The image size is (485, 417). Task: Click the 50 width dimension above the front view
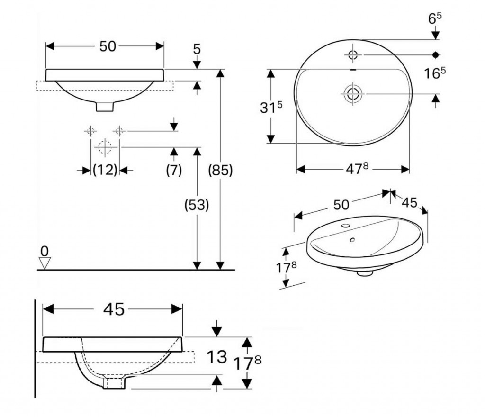click(x=108, y=46)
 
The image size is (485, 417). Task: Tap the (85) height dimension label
click(x=220, y=170)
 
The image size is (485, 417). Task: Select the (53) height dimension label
click(x=197, y=205)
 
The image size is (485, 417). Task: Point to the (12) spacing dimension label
click(x=105, y=170)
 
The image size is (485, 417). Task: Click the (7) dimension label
click(x=174, y=170)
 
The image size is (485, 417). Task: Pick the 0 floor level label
click(x=45, y=252)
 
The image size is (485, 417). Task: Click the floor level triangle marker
click(x=45, y=263)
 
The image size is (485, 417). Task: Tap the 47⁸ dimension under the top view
click(x=357, y=169)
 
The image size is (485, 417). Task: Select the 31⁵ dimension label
click(x=271, y=108)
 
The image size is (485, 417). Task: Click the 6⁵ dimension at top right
click(x=435, y=18)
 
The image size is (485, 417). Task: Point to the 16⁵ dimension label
click(x=435, y=73)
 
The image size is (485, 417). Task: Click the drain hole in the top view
click(x=352, y=93)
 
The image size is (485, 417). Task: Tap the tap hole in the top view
click(x=352, y=55)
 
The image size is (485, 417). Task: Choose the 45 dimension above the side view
click(x=114, y=309)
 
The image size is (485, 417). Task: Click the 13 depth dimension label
click(x=216, y=357)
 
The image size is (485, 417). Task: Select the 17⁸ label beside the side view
click(x=247, y=363)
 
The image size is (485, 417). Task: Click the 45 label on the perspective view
click(x=410, y=203)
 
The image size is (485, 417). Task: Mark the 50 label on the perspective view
click(x=341, y=205)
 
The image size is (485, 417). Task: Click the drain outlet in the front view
click(x=105, y=107)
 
